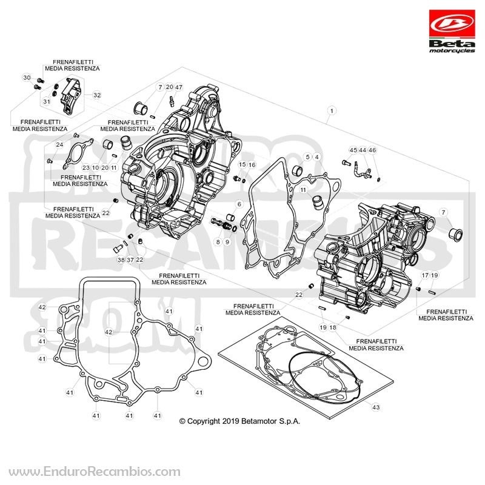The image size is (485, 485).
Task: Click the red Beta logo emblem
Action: [x=452, y=24]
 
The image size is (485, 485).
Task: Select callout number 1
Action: [x=332, y=110]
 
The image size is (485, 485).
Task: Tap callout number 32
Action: [x=97, y=95]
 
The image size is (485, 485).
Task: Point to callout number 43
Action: [x=376, y=407]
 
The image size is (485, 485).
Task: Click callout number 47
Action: [x=179, y=87]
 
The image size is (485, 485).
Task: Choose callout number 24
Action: [x=59, y=144]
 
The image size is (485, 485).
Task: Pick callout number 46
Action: [x=372, y=150]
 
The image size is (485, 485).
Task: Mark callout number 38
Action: [x=121, y=260]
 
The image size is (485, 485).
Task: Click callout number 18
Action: [x=333, y=327]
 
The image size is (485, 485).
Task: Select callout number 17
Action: [x=426, y=275]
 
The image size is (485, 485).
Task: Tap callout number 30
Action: [x=27, y=78]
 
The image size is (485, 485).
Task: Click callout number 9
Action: [x=227, y=242]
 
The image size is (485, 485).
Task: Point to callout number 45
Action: [x=353, y=150]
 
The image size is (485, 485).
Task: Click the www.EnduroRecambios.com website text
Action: [x=95, y=472]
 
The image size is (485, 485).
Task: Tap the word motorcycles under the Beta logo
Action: [x=452, y=51]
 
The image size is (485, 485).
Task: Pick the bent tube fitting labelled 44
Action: [x=363, y=170]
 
